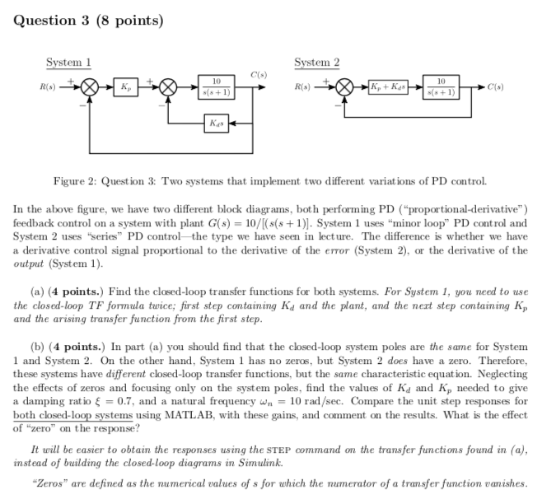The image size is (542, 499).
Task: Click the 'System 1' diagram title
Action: [x=68, y=63]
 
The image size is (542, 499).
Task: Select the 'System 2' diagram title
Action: [x=316, y=63]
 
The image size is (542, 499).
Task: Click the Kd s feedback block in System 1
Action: [x=215, y=124]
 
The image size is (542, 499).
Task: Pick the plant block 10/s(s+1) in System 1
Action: [x=215, y=86]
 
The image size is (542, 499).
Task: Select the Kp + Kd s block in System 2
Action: [x=386, y=86]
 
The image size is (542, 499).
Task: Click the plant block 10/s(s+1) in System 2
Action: [x=442, y=86]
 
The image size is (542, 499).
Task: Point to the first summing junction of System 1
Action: [x=91, y=86]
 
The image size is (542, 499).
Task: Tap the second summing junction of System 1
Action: [x=168, y=86]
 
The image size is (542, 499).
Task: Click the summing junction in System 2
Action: [x=343, y=86]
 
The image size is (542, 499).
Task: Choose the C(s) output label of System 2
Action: [x=498, y=86]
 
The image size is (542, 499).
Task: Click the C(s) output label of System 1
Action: [x=258, y=75]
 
